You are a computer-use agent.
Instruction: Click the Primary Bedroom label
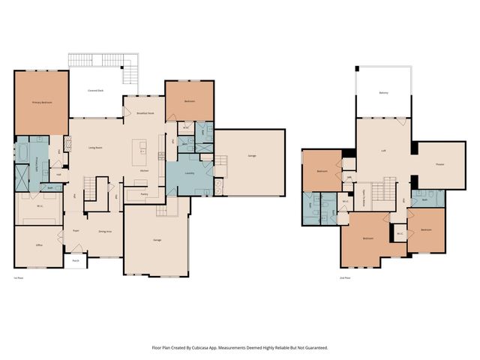[41, 102]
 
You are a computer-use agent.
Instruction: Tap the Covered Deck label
[95, 90]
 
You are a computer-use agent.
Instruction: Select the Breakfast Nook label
[145, 113]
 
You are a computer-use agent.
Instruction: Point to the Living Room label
[95, 147]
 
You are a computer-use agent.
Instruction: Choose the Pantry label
[144, 193]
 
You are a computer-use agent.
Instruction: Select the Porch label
[76, 262]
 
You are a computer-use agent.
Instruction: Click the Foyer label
[76, 231]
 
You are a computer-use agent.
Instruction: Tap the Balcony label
[383, 93]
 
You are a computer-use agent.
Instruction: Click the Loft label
[383, 150]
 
